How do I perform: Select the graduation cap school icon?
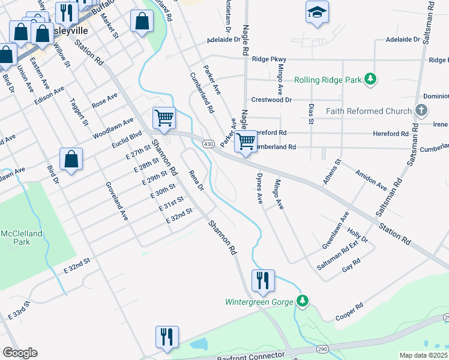(316, 13)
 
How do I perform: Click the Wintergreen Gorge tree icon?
(304, 301)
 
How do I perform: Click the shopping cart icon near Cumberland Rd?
(245, 142)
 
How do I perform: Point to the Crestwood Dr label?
(271, 100)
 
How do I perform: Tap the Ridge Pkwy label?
(269, 59)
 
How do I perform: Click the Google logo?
(20, 352)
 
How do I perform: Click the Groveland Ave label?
(116, 200)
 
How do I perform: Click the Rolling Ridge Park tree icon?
(372, 79)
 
